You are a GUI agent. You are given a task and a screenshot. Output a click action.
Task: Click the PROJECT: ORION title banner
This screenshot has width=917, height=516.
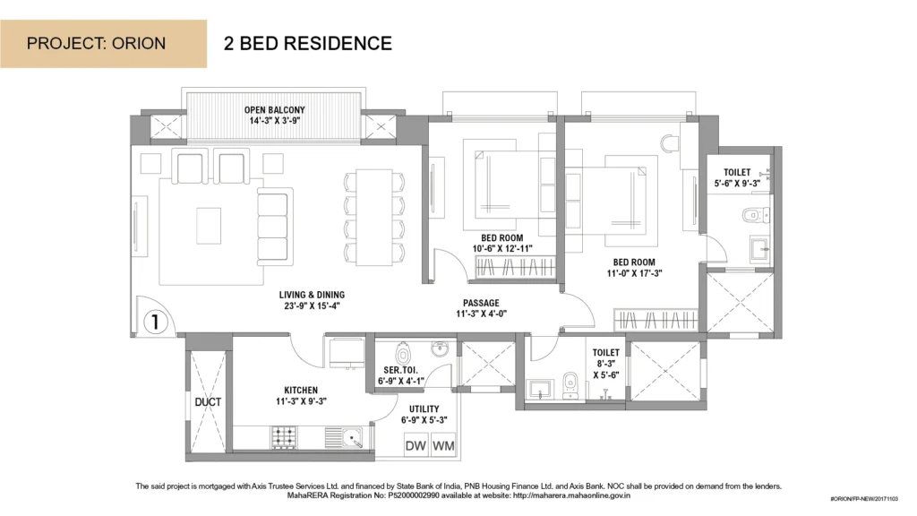[x=103, y=44]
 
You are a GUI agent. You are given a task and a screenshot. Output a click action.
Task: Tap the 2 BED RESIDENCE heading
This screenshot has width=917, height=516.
[x=308, y=44]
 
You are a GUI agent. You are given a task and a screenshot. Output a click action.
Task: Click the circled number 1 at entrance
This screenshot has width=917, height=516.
[x=155, y=322]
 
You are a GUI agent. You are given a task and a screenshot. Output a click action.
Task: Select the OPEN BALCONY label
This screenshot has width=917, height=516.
[x=274, y=110]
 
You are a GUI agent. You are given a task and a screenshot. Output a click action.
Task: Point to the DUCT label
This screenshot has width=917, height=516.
[x=208, y=402]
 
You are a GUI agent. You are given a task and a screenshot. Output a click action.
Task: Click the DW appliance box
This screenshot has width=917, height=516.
[x=416, y=446]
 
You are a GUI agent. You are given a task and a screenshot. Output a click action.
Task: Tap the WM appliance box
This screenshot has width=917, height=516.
[x=443, y=446]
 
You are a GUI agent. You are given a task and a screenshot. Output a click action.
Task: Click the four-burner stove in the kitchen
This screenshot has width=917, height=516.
[x=284, y=437]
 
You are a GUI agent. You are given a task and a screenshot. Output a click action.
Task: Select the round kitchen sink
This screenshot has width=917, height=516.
[x=351, y=436]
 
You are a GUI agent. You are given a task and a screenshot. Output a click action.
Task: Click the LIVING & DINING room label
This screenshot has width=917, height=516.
[x=312, y=295]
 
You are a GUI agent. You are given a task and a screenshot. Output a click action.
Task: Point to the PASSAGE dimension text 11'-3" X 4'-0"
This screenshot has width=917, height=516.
[x=481, y=314]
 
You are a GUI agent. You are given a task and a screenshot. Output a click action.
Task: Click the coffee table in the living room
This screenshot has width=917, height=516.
[x=209, y=225]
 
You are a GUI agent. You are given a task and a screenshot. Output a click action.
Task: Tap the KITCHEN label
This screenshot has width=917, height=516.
[x=301, y=391]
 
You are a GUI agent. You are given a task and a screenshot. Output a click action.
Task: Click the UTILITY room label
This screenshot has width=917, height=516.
[x=424, y=408]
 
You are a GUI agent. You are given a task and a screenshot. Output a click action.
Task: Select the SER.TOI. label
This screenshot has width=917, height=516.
[x=400, y=370]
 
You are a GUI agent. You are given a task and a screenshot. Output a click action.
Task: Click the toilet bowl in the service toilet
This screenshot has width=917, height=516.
[x=402, y=354]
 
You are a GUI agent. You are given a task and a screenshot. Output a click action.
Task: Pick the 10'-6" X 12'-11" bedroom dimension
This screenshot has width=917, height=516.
[x=502, y=249]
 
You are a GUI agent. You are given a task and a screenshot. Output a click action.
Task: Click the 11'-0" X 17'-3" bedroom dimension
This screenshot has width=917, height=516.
[x=634, y=273]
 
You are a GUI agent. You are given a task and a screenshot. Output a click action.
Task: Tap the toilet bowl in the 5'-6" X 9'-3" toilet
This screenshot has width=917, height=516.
[x=754, y=215]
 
